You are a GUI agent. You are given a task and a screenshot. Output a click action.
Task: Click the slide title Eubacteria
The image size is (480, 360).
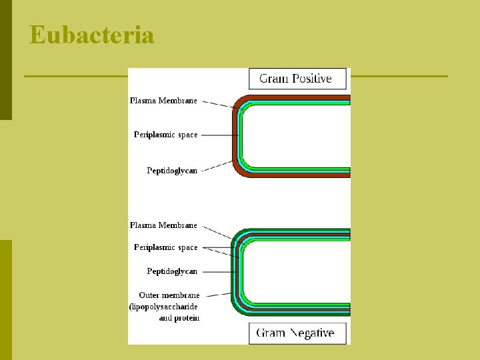(x=92, y=35)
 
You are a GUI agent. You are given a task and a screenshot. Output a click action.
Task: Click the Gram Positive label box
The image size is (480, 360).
(x=298, y=79)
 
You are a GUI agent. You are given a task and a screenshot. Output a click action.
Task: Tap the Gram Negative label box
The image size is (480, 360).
(x=298, y=333)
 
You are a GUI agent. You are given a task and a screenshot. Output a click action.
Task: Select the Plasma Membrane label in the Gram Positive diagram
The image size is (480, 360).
(x=163, y=101)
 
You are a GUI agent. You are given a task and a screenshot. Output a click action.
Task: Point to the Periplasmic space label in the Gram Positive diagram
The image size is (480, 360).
(x=165, y=135)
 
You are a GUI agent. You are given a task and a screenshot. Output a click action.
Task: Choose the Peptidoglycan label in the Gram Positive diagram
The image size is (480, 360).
(x=172, y=171)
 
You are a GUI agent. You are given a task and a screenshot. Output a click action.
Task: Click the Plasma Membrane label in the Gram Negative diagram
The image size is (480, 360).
(x=163, y=225)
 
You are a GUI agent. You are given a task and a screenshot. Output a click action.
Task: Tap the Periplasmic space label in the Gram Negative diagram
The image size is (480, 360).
(x=165, y=247)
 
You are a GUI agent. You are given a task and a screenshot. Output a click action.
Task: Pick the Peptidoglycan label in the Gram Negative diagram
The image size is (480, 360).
(x=172, y=271)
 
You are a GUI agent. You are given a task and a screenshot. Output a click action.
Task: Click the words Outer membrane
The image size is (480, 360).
(x=169, y=295)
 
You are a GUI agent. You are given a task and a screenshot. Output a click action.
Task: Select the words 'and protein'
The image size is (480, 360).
(x=179, y=318)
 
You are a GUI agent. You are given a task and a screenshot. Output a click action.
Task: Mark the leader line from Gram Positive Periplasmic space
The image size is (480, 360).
(x=219, y=135)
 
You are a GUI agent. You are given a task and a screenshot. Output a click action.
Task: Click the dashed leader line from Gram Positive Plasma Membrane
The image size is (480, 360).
(x=217, y=103)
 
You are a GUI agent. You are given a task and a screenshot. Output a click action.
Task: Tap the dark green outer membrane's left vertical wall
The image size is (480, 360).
(x=233, y=272)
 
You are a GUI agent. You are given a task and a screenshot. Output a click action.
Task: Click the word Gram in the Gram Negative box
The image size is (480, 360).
(x=271, y=333)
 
